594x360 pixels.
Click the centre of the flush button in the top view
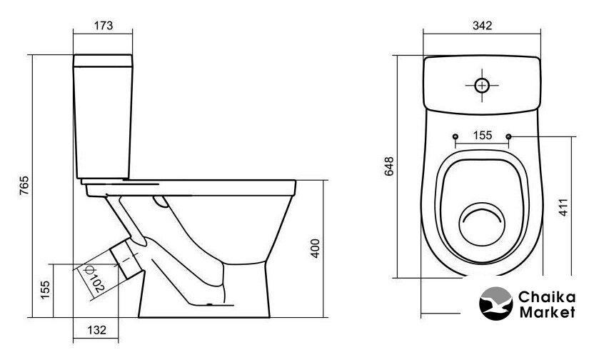482,86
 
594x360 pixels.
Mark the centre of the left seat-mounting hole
455,136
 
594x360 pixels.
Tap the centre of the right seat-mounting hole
508,136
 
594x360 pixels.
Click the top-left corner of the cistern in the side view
74,55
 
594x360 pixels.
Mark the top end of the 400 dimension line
323,181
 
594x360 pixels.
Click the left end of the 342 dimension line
423,34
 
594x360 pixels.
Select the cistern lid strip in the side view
103,61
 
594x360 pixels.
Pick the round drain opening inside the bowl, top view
482,224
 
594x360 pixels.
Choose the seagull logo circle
496,303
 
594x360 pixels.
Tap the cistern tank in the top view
482,85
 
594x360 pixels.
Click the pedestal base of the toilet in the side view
203,290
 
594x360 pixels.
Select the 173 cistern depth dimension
104,26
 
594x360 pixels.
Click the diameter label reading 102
94,279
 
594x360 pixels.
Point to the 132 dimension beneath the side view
96,330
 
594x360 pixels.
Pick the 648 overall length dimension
389,166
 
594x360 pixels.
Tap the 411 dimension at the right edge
564,207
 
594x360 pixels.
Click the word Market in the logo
547,312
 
